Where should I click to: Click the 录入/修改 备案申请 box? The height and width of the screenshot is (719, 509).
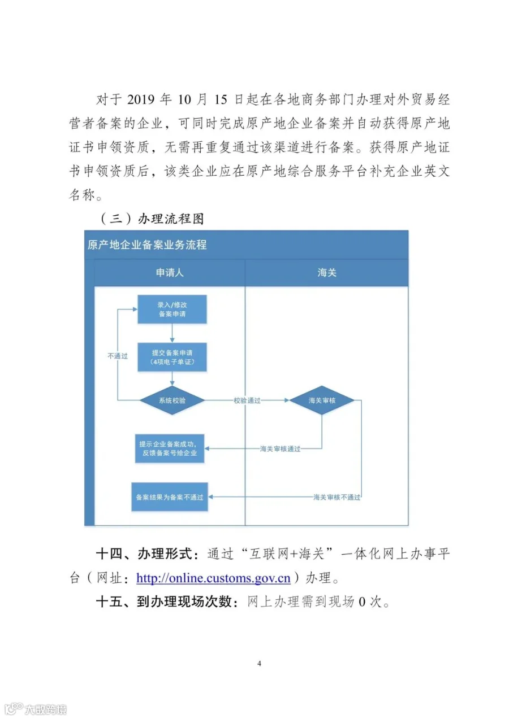(172, 309)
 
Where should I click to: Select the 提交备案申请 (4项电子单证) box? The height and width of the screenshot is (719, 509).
(172, 357)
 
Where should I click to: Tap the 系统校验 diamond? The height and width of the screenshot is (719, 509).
(172, 400)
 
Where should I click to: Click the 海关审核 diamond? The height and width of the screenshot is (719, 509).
(322, 400)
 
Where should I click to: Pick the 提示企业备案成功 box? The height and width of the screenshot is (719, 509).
(170, 448)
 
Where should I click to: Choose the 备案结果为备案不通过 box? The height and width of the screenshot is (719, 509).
(170, 497)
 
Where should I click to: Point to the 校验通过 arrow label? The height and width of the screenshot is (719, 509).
(247, 400)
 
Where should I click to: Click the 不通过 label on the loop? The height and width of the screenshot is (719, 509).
(118, 356)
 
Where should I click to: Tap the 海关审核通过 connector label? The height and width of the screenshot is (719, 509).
(280, 448)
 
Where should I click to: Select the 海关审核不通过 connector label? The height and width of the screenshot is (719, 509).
(337, 497)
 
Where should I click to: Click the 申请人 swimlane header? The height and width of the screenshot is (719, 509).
(170, 272)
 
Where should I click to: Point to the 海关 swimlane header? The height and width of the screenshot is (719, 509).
(327, 272)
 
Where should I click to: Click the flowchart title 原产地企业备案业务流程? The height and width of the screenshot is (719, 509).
(147, 245)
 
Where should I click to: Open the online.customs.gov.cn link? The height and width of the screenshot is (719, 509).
(213, 578)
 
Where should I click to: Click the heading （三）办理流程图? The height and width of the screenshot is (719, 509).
(152, 219)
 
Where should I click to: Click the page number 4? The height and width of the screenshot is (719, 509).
(260, 664)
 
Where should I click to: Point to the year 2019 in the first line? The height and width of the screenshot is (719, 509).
(141, 99)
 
